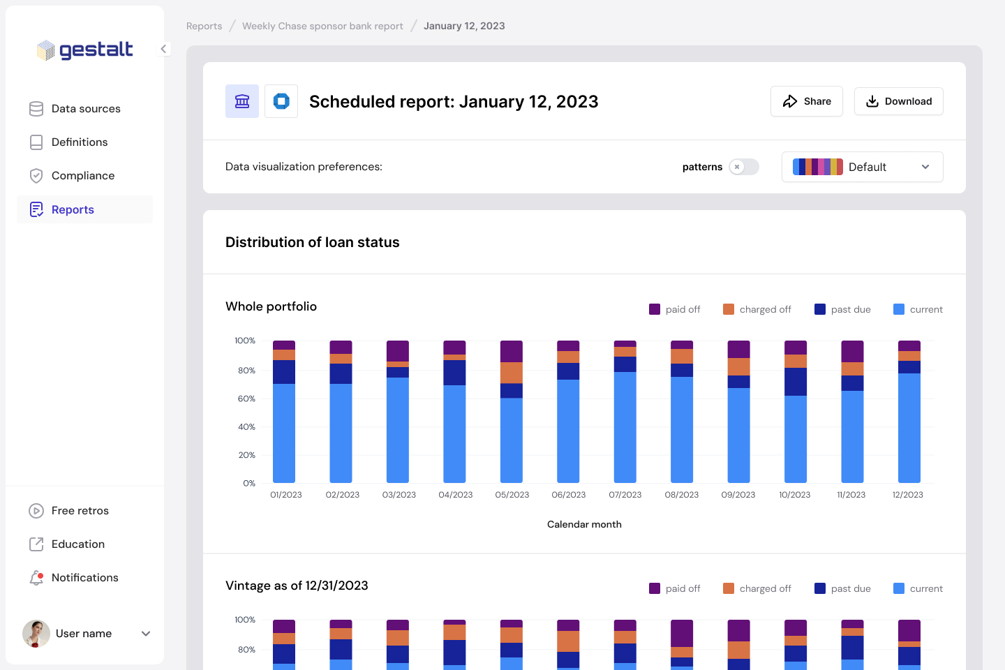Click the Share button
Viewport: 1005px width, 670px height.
[x=806, y=101]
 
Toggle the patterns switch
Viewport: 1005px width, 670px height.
[x=743, y=167]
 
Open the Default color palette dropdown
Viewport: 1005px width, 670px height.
[x=862, y=167]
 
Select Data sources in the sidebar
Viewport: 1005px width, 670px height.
[x=85, y=109]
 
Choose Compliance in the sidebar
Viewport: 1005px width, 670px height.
[x=82, y=176]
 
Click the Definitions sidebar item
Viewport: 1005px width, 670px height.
[x=79, y=142]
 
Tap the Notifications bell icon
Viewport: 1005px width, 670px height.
[x=36, y=578]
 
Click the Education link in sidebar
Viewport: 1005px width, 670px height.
[x=77, y=544]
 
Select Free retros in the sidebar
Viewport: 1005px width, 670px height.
[x=80, y=511]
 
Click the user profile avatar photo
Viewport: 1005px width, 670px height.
[x=36, y=634]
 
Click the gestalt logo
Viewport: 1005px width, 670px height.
[x=85, y=50]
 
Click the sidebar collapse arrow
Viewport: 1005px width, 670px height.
[x=163, y=49]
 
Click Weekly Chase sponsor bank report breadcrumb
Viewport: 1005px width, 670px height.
[x=322, y=26]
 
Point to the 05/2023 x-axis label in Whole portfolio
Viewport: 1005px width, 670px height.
[x=512, y=495]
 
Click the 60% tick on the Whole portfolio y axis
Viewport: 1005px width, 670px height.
[x=246, y=399]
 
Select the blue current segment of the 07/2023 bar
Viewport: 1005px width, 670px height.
[x=625, y=427]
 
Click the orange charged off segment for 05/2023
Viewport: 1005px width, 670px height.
[x=512, y=373]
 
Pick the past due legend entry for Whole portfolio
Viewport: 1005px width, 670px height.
[x=842, y=309]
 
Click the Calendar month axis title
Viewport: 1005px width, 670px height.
[x=584, y=524]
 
